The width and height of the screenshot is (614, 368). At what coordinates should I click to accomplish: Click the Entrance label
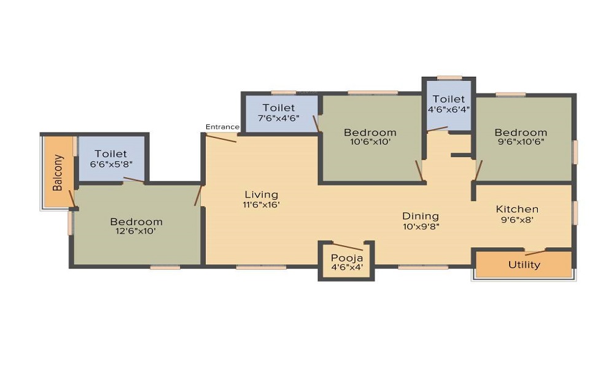(x=222, y=127)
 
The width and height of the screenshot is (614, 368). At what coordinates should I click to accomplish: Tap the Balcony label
(x=58, y=173)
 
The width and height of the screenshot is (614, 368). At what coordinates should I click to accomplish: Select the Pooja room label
(x=346, y=258)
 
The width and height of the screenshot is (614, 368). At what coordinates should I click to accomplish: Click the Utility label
(x=524, y=265)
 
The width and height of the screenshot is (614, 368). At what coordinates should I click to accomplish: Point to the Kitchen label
(x=517, y=209)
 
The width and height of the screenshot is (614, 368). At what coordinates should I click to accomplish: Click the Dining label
(x=421, y=215)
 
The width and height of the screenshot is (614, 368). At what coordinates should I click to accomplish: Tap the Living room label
(x=261, y=195)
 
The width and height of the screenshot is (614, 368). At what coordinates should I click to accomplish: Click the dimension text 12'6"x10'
(x=136, y=231)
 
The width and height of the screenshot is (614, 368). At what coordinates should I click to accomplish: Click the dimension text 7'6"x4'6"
(x=278, y=118)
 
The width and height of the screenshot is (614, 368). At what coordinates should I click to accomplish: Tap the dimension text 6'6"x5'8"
(x=111, y=164)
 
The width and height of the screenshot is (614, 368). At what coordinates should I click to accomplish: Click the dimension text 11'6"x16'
(x=261, y=205)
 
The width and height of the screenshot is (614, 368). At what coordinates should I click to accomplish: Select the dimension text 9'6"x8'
(x=517, y=219)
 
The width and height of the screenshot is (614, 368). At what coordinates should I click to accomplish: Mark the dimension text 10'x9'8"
(x=421, y=226)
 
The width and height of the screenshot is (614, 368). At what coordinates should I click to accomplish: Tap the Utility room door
(x=535, y=252)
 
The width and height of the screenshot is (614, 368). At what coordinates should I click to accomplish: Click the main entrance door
(x=221, y=138)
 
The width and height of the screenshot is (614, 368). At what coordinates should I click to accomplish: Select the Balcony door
(x=72, y=199)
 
